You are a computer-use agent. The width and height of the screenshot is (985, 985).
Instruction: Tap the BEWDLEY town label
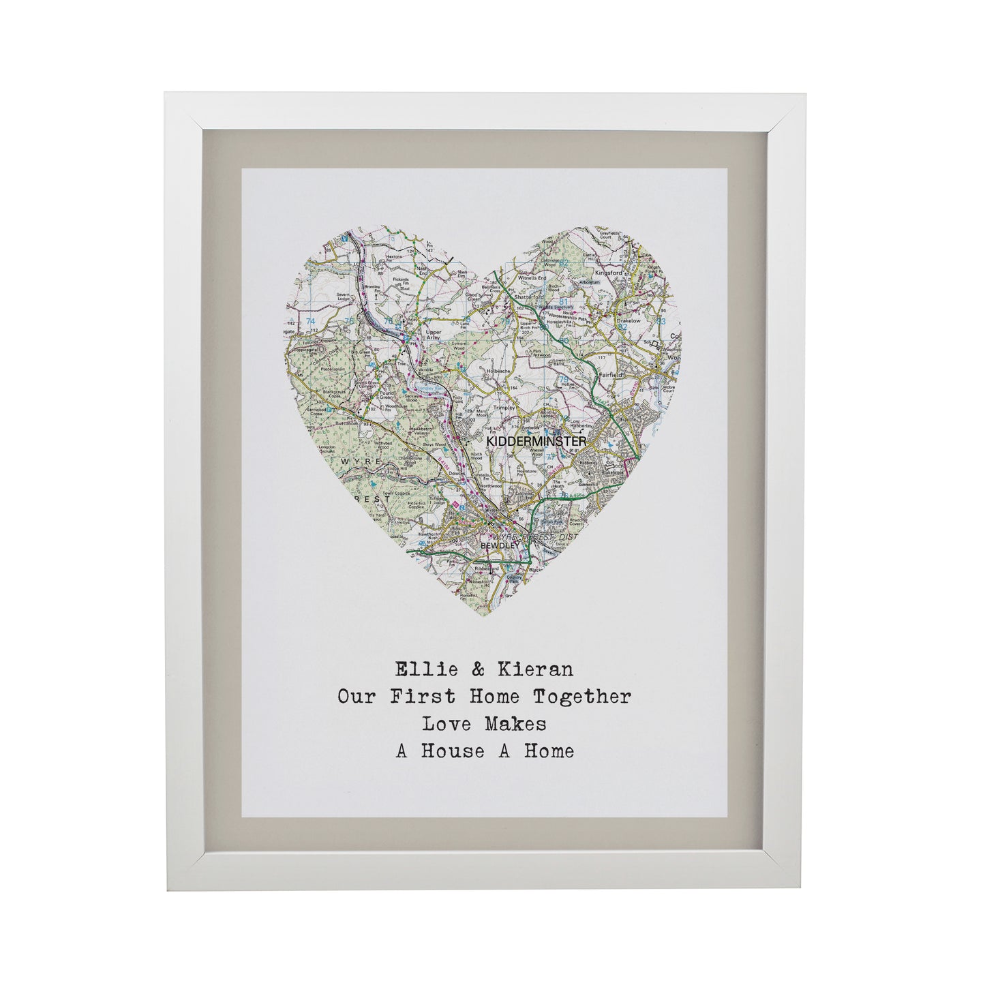click(x=500, y=545)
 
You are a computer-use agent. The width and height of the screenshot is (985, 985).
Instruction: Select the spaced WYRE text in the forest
click(x=354, y=461)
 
